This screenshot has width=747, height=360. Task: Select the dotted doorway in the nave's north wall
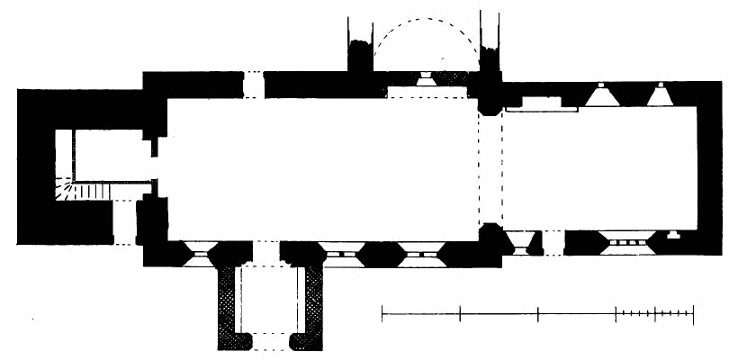(255, 84)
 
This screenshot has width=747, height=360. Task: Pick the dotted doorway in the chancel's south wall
(553, 243)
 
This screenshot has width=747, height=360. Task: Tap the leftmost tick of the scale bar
(382, 313)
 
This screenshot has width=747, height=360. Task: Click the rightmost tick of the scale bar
(693, 313)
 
